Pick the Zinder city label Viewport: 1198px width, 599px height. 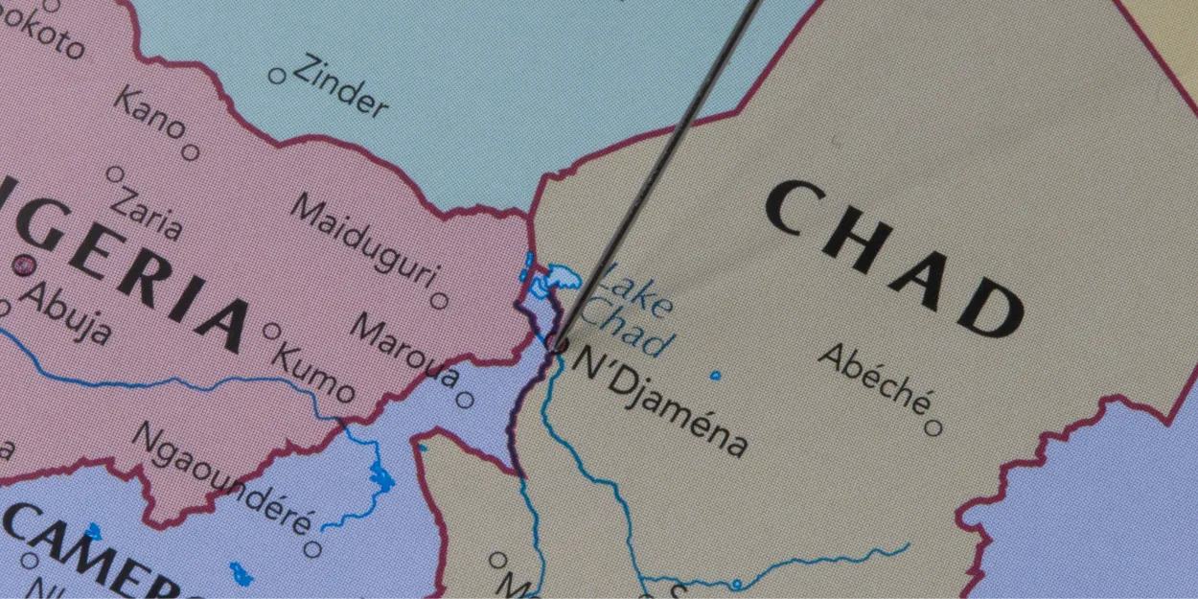[x=340, y=87]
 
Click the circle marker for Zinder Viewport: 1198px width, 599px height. [x=277, y=75]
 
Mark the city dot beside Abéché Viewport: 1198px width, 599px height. [x=932, y=427]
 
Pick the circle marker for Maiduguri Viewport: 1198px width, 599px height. [x=439, y=301]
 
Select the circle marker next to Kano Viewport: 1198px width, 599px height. [x=191, y=151]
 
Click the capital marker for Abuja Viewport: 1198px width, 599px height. [x=23, y=265]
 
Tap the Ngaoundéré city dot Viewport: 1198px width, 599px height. [x=311, y=549]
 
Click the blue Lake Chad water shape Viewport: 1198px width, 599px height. [x=553, y=281]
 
